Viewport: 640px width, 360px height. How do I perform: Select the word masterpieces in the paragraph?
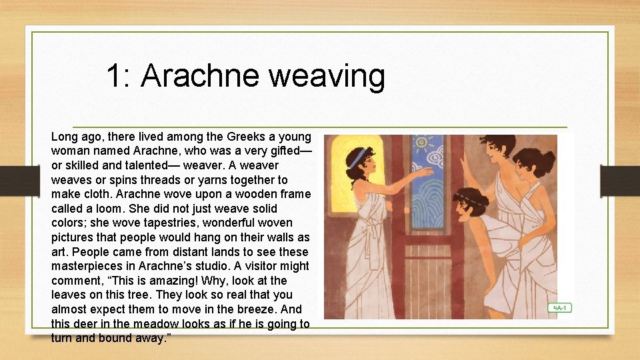87,267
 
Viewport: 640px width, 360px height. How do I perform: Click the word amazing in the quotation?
164,281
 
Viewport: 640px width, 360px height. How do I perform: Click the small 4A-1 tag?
559,308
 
